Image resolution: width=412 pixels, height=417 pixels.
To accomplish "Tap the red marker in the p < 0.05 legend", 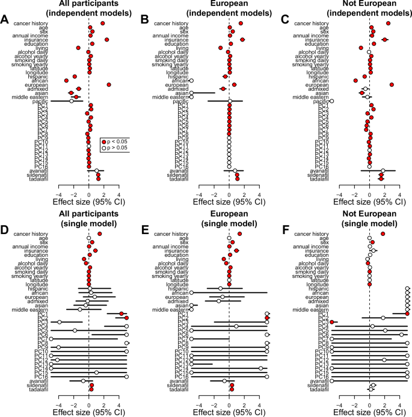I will point(103,140).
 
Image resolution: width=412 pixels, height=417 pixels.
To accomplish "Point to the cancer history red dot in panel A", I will point(103,23).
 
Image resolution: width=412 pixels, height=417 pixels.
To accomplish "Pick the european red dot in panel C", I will point(392,85).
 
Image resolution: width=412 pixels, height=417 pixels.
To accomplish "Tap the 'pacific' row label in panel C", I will point(320,101).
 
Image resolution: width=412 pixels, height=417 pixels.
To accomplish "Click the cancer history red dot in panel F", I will point(383,233).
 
